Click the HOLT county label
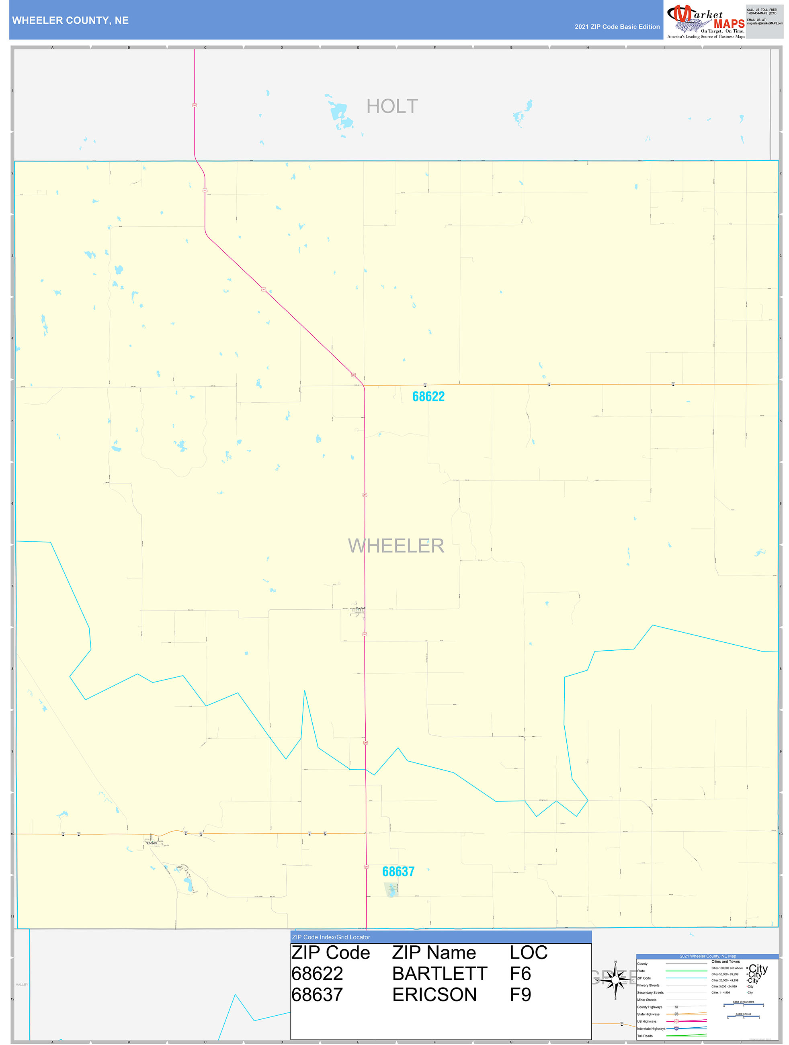pos(392,106)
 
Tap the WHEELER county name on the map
pos(396,546)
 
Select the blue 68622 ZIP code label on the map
pos(428,396)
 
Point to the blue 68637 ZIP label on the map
pos(398,872)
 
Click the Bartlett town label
pos(361,609)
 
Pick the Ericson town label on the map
pos(152,843)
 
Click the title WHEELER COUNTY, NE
pos(70,20)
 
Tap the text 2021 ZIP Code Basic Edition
pos(617,27)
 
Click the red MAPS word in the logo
pos(729,24)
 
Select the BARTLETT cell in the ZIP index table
pos(439,974)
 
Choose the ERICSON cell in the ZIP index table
pos(434,994)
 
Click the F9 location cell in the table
pos(520,994)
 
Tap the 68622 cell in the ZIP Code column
pos(317,974)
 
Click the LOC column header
pos(528,953)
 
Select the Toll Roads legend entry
pos(645,1035)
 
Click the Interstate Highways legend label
pos(651,1029)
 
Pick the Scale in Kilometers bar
pos(743,1005)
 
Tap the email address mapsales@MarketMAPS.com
pos(764,23)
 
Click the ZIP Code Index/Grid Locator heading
pos(331,937)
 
